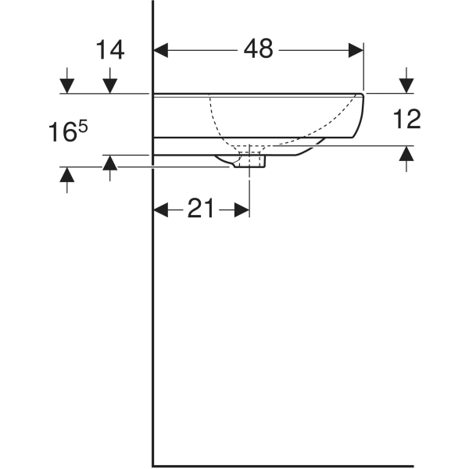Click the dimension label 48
pos(258,49)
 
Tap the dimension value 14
pos(110,50)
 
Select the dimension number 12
pos(406,119)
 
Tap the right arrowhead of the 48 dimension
pos(356,50)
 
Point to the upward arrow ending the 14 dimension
pos(110,163)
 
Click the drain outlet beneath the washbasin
pos(249,161)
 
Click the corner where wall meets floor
pos(152,464)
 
